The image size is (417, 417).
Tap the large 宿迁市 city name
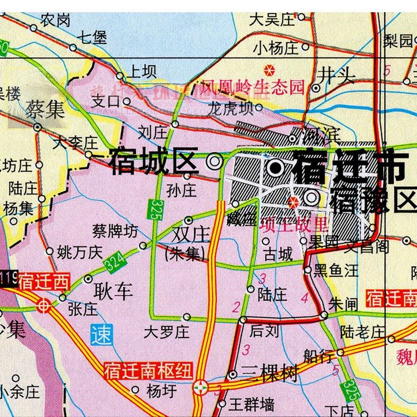(351, 165)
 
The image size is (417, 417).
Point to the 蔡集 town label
(45, 109)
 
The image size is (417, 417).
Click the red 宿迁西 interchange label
(44, 282)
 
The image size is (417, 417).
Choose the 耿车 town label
(114, 291)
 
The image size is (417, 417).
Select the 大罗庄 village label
(167, 332)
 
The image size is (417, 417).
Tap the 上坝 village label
(142, 72)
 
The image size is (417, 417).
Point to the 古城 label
(278, 255)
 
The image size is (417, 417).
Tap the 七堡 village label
(92, 38)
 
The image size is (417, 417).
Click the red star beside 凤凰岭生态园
(269, 70)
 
